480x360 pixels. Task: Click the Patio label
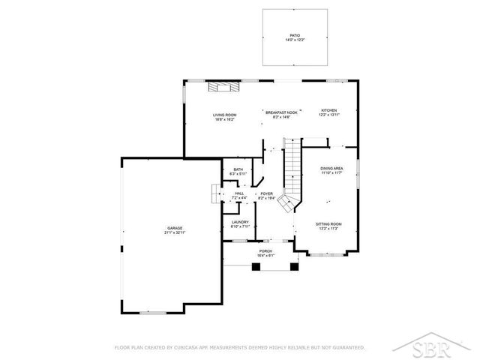pyautogui.click(x=294, y=35)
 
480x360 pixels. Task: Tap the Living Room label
pyautogui.click(x=225, y=114)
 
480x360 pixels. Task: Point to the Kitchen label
pyautogui.click(x=330, y=109)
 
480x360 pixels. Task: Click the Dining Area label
pyautogui.click(x=331, y=169)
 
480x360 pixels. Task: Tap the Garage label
pyautogui.click(x=175, y=228)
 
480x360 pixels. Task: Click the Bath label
pyautogui.click(x=238, y=169)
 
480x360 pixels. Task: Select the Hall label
pyautogui.click(x=239, y=193)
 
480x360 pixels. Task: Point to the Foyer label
pyautogui.click(x=266, y=193)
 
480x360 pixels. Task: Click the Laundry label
pyautogui.click(x=240, y=222)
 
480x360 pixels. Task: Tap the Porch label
pyautogui.click(x=265, y=250)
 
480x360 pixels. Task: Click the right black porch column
pyautogui.click(x=293, y=265)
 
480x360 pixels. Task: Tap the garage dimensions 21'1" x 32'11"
pyautogui.click(x=175, y=232)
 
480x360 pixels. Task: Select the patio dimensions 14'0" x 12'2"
pyautogui.click(x=294, y=40)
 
